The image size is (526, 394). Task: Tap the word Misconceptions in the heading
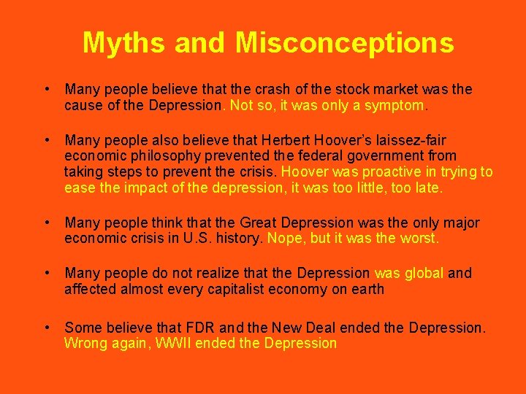pyautogui.click(x=344, y=42)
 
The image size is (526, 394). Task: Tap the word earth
pyautogui.click(x=367, y=289)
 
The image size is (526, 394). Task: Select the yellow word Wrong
pyautogui.click(x=85, y=344)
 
